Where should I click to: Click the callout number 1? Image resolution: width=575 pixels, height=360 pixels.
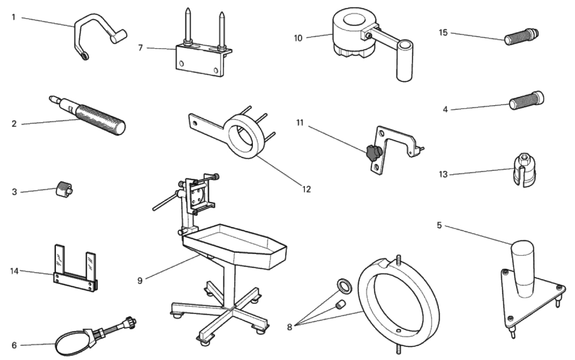[14, 17]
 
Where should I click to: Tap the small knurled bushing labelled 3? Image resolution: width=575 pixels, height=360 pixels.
[63, 189]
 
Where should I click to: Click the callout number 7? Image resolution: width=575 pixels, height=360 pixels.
[140, 48]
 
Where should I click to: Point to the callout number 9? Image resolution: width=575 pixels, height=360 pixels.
[140, 280]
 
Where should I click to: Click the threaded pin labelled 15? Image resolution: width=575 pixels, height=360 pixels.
[521, 36]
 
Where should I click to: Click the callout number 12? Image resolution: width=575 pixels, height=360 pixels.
[306, 189]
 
